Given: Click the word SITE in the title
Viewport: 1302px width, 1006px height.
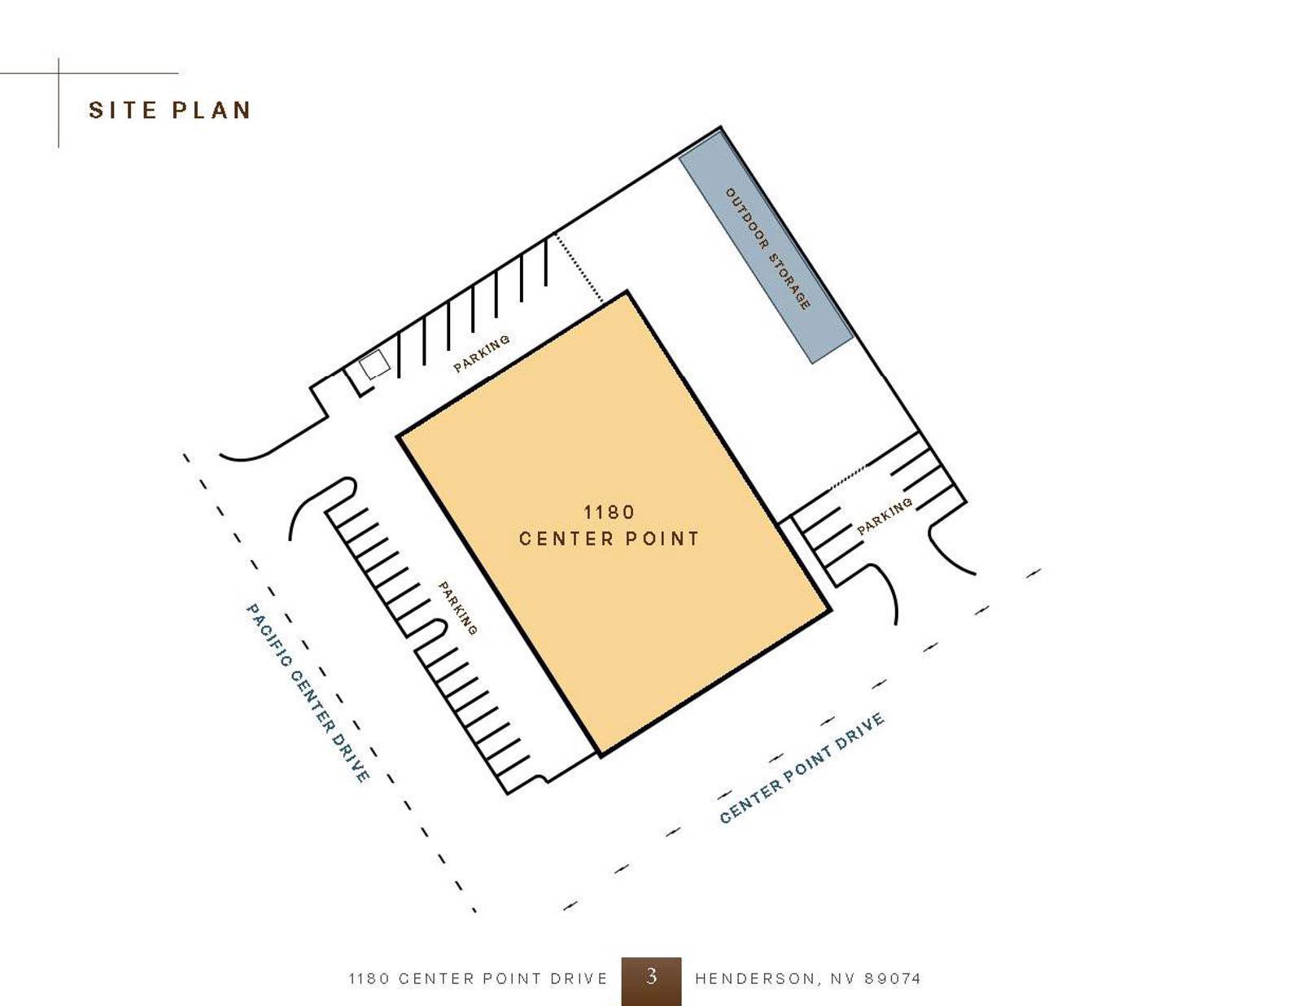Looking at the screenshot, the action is pos(122,110).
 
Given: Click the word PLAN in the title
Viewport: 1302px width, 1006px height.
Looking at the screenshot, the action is pos(212,110).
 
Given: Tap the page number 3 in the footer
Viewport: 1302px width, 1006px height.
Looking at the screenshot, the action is pos(651,976).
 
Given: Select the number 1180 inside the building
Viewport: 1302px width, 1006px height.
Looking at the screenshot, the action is pos(609,512).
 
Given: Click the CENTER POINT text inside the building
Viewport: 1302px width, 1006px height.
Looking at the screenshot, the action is pos(609,538).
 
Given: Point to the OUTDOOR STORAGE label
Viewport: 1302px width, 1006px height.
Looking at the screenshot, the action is pos(767,248).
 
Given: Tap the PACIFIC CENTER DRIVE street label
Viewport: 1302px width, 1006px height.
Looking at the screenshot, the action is pos(308,692).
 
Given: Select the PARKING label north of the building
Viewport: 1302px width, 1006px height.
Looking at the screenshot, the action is pos(482,353).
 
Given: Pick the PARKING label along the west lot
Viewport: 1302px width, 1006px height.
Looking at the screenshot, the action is pos(457,607).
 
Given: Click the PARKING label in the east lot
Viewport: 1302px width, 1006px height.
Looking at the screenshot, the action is pos(885,516).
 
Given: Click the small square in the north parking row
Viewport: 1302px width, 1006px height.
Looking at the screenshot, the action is pos(374,365).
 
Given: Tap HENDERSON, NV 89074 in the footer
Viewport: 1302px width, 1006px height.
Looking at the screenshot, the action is pos(807,978).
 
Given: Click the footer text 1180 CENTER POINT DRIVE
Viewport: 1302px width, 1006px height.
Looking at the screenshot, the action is pos(478,978).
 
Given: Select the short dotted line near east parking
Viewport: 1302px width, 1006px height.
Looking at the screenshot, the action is pos(848,476).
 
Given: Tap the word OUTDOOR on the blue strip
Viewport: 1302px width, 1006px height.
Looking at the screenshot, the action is pos(746,218).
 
